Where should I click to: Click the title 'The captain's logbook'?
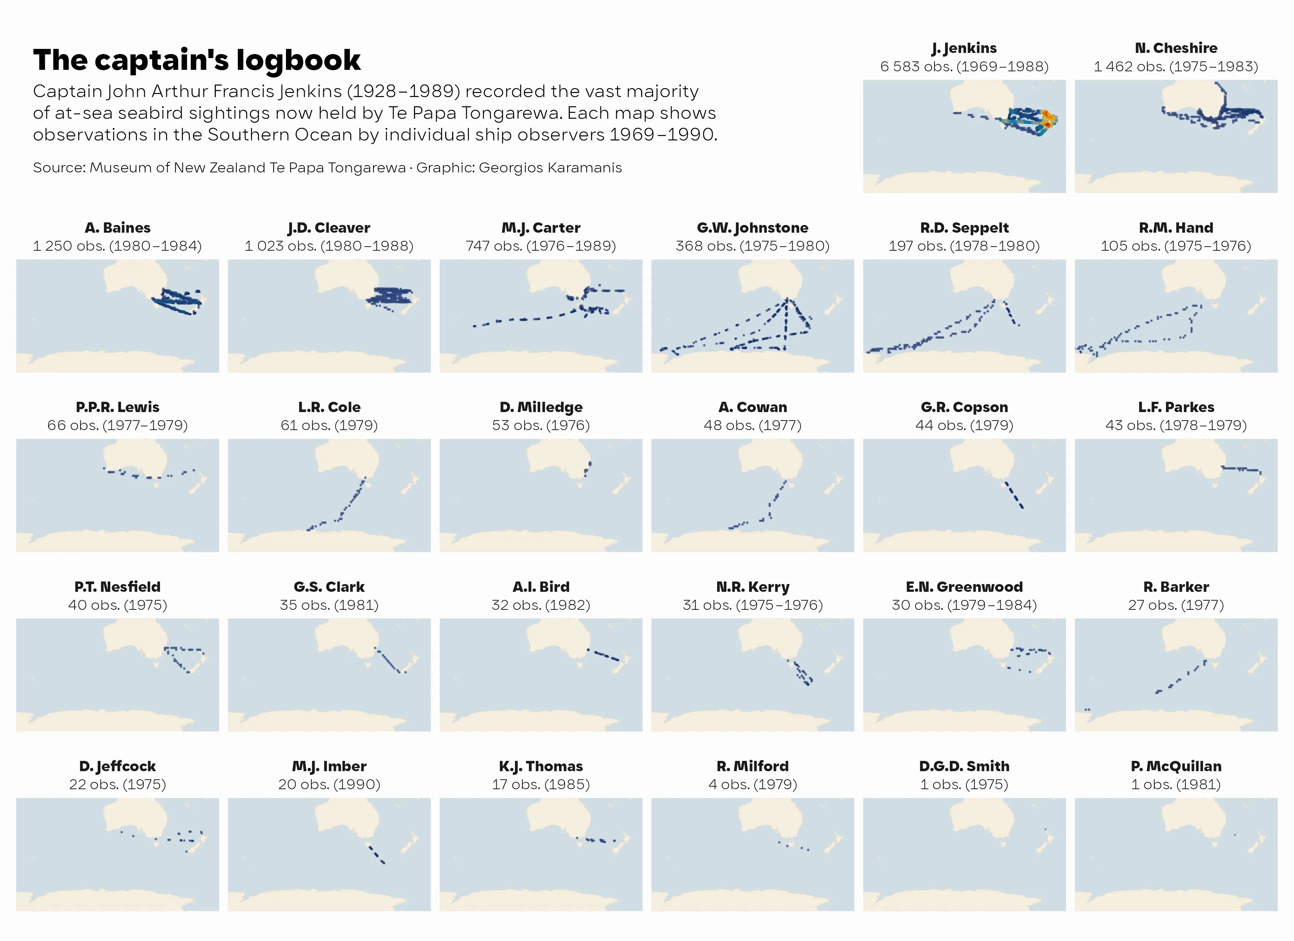[x=197, y=60]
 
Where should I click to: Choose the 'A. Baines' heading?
[x=118, y=228]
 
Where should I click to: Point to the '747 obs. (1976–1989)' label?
[x=540, y=246]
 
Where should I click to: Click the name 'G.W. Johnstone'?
[x=752, y=228]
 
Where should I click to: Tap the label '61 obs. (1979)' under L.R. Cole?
[x=329, y=425]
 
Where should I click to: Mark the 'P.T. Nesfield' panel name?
[x=118, y=587]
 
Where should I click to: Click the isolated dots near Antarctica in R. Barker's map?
[x=1087, y=710]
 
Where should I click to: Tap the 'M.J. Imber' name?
[x=329, y=766]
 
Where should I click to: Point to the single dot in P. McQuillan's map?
[x=1235, y=835]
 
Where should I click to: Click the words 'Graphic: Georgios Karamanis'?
[x=519, y=168]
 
